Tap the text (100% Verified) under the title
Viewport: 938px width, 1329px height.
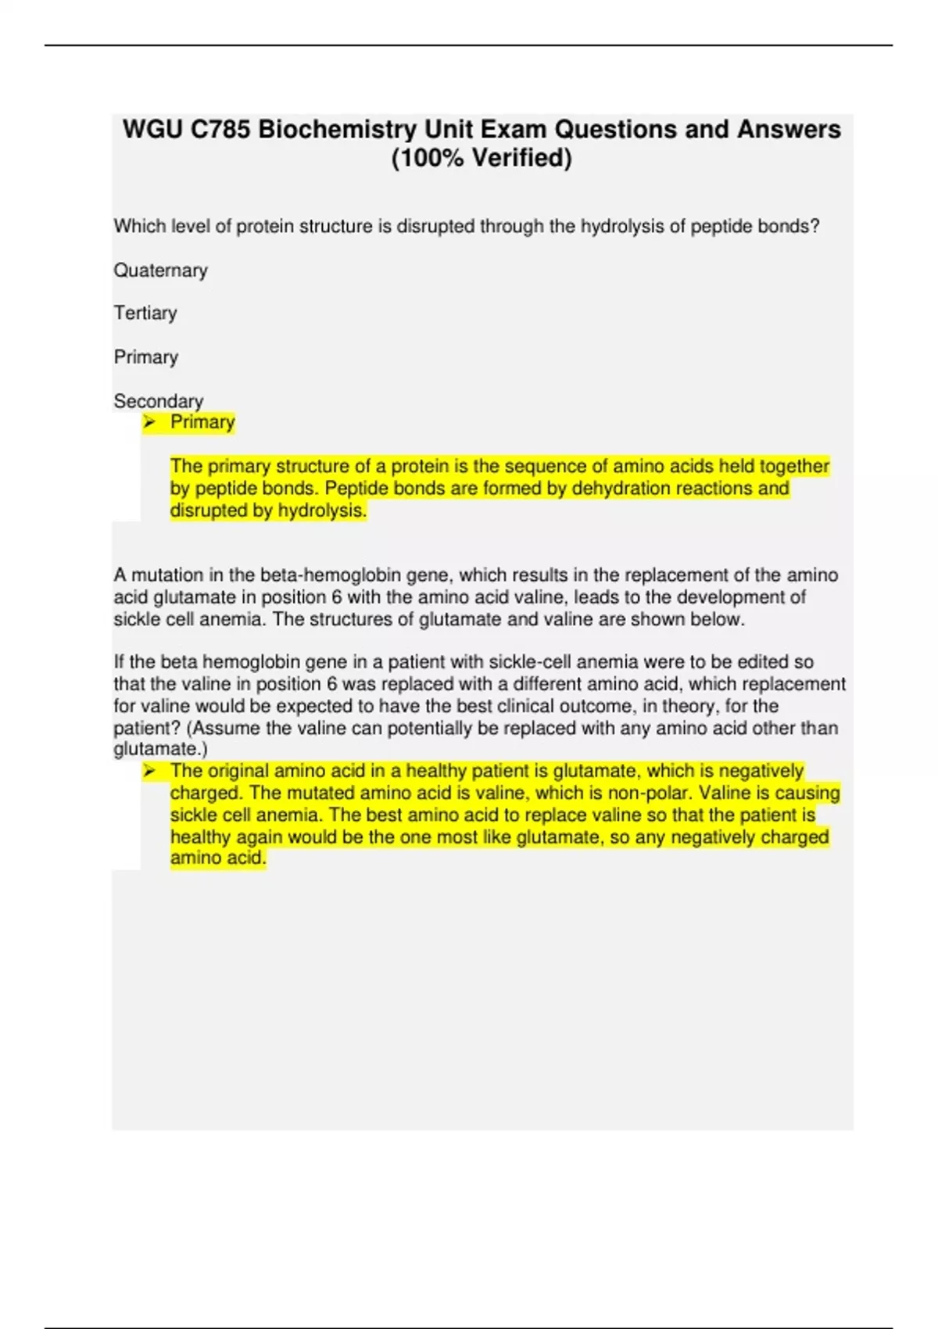coord(482,158)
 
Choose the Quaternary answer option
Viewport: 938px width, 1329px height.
coord(161,270)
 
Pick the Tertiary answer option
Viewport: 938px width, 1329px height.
coord(145,313)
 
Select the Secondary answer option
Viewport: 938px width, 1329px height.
coord(159,401)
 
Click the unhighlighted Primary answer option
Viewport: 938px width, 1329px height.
coord(146,357)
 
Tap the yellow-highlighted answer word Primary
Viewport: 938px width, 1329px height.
coord(202,422)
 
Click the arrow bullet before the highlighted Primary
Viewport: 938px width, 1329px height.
coord(149,423)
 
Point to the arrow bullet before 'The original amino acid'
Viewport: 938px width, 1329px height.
coord(149,772)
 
